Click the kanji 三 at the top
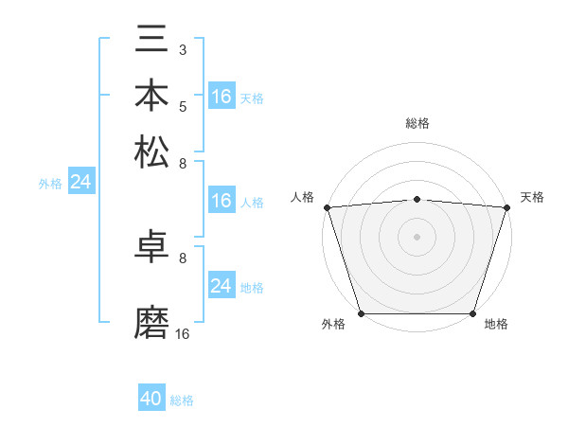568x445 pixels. point(151,42)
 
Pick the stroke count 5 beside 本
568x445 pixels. point(183,106)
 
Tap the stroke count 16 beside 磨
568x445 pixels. point(182,333)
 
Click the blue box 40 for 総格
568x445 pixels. point(151,399)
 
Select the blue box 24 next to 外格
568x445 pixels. point(80,182)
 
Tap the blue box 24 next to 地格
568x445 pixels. point(221,286)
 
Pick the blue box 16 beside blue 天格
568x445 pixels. point(221,97)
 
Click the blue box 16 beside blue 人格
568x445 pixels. point(221,201)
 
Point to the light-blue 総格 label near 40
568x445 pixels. point(182,400)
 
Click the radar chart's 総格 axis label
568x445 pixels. point(417,123)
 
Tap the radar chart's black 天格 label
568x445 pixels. point(532,197)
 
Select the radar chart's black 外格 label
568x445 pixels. point(333,325)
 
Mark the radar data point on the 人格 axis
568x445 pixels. point(327,206)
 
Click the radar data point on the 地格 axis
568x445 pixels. point(472,312)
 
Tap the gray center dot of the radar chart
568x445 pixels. point(417,237)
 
